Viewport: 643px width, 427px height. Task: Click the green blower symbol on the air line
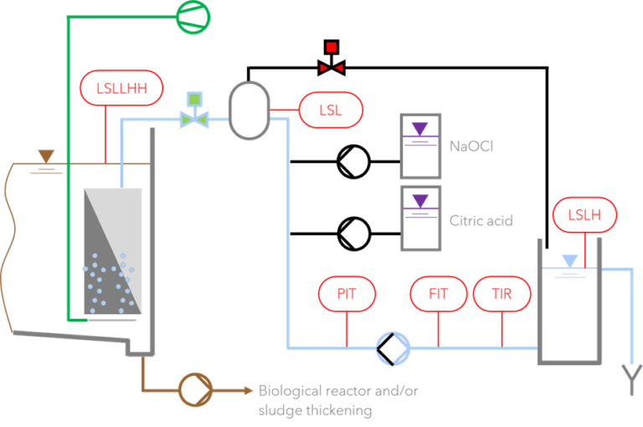tap(193, 16)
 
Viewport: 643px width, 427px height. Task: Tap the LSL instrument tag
tap(331, 110)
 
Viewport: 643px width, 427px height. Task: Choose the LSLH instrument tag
tap(585, 215)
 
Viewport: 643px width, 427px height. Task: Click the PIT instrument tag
tap(347, 294)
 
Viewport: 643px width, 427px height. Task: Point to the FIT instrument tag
tap(438, 294)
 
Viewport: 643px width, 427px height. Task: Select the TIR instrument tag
tap(502, 294)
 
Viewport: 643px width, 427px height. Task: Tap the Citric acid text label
tap(481, 220)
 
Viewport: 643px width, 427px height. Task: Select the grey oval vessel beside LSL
tap(249, 110)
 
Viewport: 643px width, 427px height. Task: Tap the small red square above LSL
tap(332, 48)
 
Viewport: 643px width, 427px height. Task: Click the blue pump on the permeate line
tap(392, 348)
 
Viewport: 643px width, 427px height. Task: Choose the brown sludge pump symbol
tap(195, 389)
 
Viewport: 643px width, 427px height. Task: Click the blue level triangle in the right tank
tap(569, 260)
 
